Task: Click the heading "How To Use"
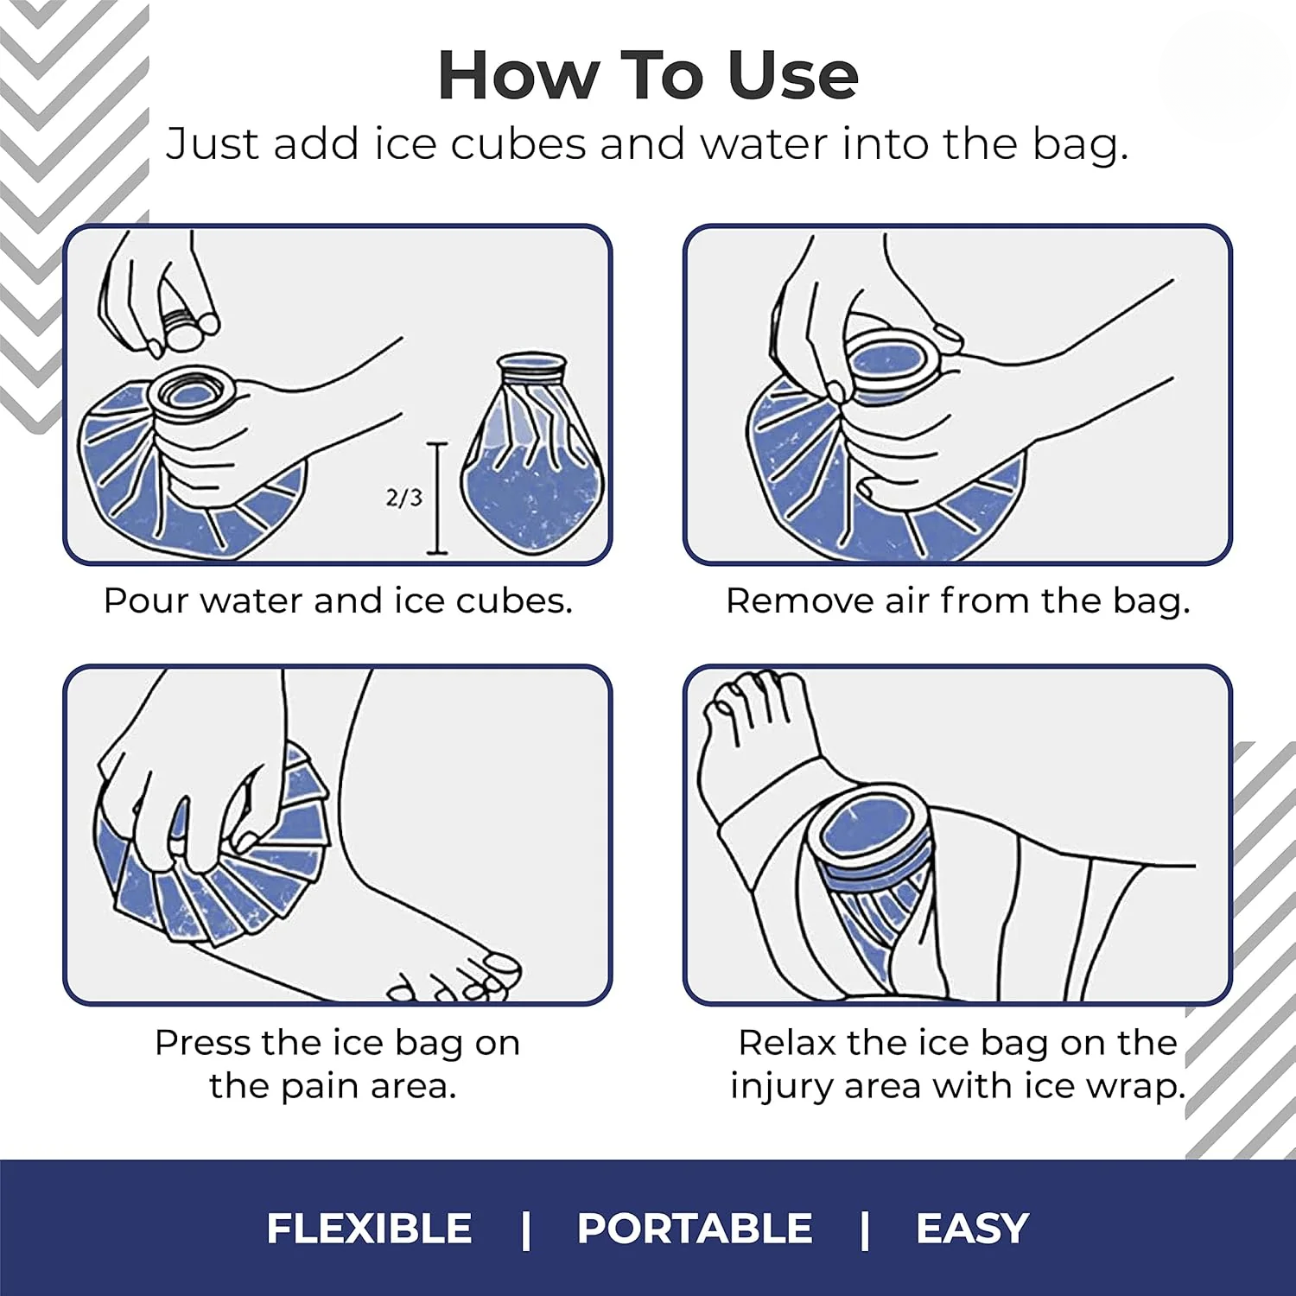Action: coord(648,75)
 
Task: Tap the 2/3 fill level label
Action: coord(403,498)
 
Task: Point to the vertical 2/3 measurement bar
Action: coord(438,499)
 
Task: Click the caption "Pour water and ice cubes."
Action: coord(338,600)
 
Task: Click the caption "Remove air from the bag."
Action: coord(957,600)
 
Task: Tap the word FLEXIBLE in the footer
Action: coord(369,1228)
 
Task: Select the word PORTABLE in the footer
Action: coord(695,1228)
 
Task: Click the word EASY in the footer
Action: coord(972,1228)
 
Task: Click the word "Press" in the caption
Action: coord(202,1043)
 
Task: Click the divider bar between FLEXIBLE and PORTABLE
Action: coord(525,1228)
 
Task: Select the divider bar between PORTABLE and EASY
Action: coord(864,1228)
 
